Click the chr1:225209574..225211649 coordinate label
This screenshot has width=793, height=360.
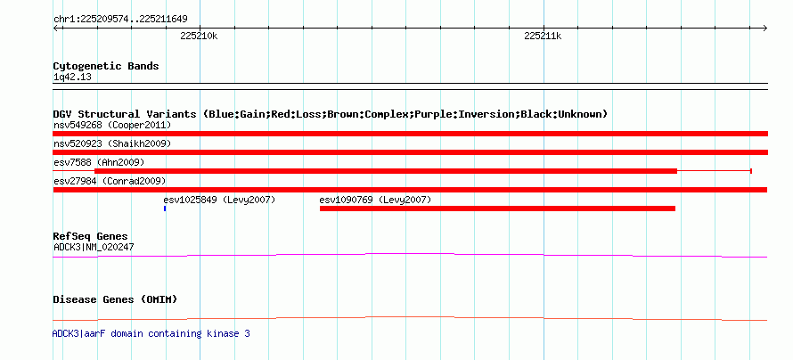point(120,20)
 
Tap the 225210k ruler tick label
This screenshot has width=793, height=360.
point(199,37)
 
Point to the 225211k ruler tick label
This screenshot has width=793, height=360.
point(544,37)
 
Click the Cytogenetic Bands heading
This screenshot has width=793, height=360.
point(106,66)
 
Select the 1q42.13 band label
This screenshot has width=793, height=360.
point(72,78)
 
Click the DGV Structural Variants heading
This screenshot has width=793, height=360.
point(330,114)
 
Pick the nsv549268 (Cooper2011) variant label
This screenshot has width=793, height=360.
point(112,125)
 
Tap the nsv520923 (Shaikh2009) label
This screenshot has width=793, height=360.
point(112,143)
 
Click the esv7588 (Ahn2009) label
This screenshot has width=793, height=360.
point(99,162)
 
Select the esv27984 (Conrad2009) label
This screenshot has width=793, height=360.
point(110,181)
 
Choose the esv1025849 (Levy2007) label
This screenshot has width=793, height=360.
point(219,200)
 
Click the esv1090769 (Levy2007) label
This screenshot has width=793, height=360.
point(375,200)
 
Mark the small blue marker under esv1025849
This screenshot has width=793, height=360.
point(165,209)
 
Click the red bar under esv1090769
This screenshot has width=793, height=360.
point(498,209)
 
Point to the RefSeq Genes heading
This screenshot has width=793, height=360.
point(91,237)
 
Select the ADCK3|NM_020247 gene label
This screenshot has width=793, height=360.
point(94,247)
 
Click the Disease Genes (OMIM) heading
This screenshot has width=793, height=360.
point(115,299)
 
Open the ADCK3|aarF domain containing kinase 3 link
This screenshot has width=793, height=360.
point(151,333)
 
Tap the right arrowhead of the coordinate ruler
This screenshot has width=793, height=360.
point(765,28)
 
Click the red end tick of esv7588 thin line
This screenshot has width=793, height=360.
point(751,171)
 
